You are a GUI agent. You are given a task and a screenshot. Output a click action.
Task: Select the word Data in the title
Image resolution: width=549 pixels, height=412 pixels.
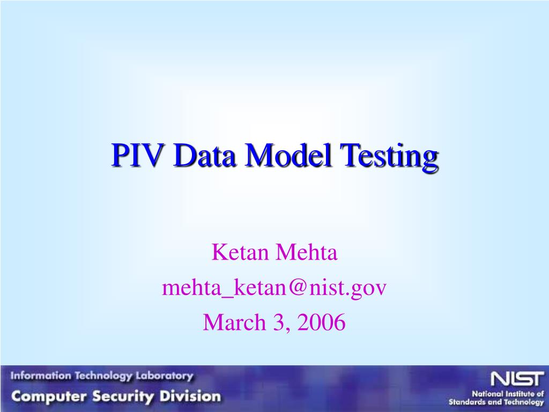tap(204, 155)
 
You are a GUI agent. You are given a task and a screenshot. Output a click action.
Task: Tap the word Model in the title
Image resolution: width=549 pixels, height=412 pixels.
tap(288, 155)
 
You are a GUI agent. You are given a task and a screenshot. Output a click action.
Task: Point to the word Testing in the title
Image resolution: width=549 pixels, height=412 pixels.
tap(389, 158)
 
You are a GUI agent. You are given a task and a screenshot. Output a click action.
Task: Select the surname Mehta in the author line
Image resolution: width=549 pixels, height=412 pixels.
tap(306, 252)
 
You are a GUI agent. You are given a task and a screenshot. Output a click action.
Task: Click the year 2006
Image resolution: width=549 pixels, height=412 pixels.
tap(322, 322)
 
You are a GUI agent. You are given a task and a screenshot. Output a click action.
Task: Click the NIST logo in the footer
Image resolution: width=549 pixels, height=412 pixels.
tap(517, 379)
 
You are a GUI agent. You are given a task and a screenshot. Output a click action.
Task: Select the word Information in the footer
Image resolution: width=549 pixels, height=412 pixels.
tap(41, 376)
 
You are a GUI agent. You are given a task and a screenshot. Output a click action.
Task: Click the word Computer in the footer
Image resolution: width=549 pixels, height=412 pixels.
tap(48, 396)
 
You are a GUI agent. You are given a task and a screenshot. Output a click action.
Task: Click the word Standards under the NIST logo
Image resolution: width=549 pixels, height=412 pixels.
tap(465, 402)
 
